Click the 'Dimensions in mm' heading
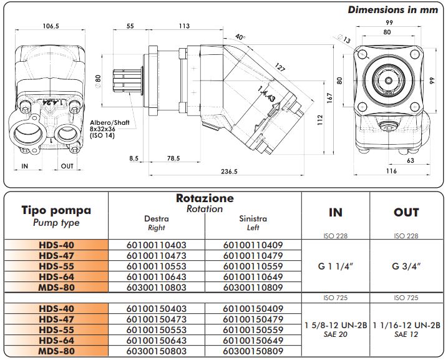coord(392,10)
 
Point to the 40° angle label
coord(241,37)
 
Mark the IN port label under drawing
coord(25,166)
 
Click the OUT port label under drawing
coord(67,166)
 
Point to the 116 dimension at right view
coord(391,170)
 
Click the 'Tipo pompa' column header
coord(56,210)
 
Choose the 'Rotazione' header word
coord(205,198)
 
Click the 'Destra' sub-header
coord(156,219)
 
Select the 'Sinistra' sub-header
coord(253,219)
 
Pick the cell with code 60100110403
coord(157,245)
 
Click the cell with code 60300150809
coord(253,351)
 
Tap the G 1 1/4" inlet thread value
coord(336,266)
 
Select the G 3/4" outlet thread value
coord(406,266)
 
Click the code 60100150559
coord(253,330)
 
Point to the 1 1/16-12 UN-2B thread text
coord(406,325)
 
